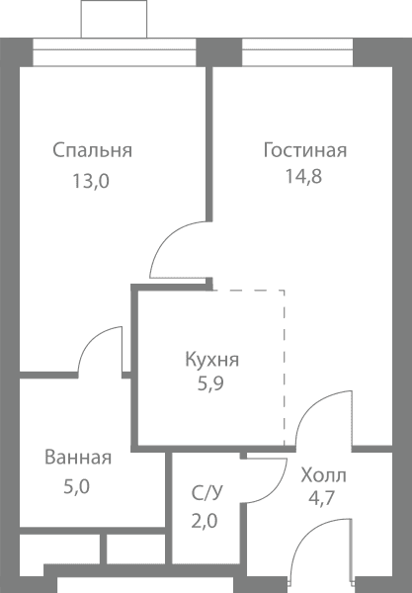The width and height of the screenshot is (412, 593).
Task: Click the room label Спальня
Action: pyautogui.click(x=92, y=150)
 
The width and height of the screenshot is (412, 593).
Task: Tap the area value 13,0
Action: pyautogui.click(x=91, y=181)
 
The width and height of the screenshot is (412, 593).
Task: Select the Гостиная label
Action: pyautogui.click(x=305, y=150)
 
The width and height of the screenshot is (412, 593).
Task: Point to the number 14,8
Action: pyautogui.click(x=303, y=176)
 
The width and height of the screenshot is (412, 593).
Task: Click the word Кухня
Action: pyautogui.click(x=212, y=360)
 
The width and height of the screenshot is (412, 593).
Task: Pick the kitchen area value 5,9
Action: pyautogui.click(x=210, y=383)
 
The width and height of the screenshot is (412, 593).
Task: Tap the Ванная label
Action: pyautogui.click(x=78, y=457)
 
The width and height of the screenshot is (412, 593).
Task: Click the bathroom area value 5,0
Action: pyautogui.click(x=76, y=486)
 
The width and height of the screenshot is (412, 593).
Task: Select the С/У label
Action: pyautogui.click(x=207, y=493)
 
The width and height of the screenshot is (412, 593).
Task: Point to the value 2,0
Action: pyautogui.click(x=205, y=521)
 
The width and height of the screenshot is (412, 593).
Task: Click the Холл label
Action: pyautogui.click(x=323, y=475)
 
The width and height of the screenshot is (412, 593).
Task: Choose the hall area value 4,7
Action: pyautogui.click(x=322, y=498)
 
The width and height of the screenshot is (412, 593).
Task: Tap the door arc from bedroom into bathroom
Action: pyautogui.click(x=92, y=338)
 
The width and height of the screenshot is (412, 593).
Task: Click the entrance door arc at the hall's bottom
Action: pyautogui.click(x=305, y=535)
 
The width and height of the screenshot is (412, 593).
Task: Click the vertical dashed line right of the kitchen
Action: pyautogui.click(x=285, y=368)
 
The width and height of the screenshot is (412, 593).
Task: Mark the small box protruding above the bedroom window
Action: pyautogui.click(x=114, y=19)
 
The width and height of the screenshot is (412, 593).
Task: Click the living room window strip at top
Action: pyautogui.click(x=297, y=52)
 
